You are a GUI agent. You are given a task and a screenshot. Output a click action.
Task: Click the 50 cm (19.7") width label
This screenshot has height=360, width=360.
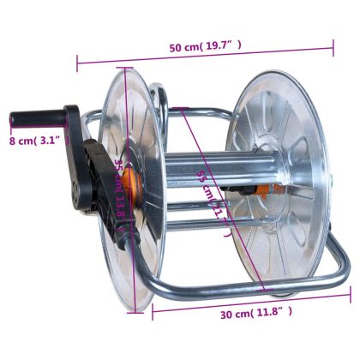tap(206, 46)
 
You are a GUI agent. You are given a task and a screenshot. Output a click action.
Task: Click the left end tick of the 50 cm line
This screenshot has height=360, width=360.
tap(78, 61)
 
